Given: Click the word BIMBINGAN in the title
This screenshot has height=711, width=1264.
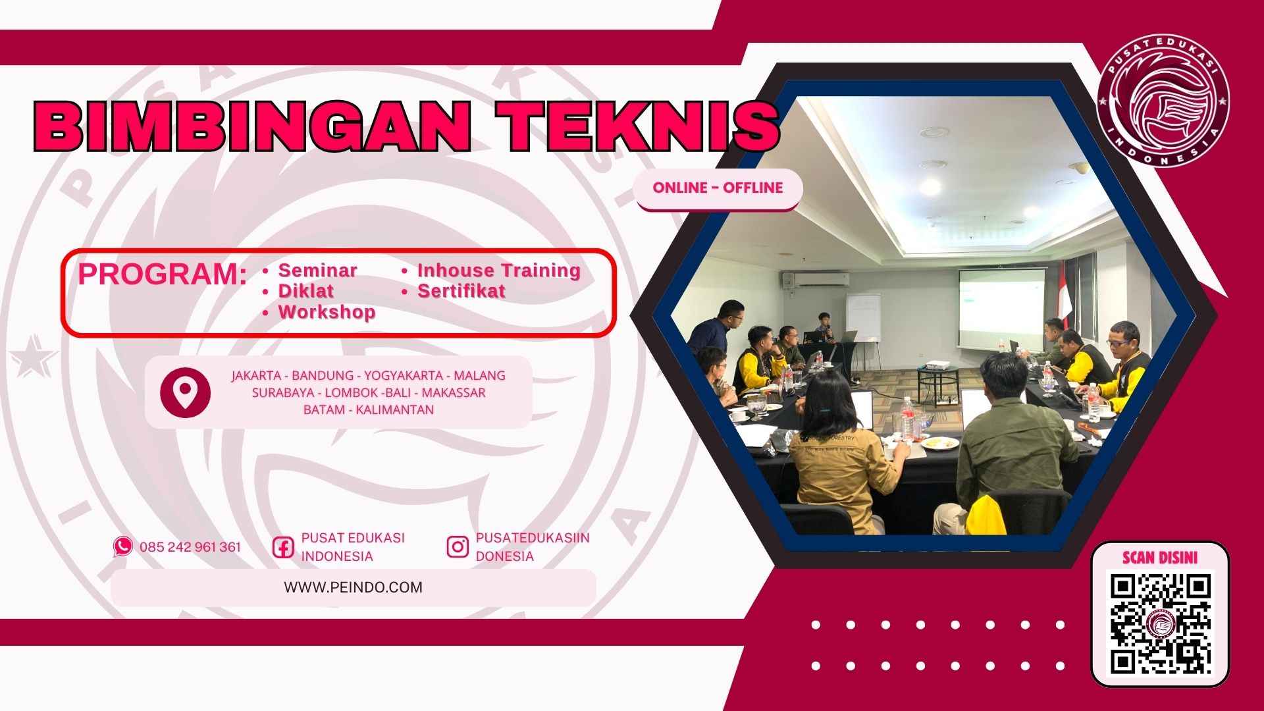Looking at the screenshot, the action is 252,126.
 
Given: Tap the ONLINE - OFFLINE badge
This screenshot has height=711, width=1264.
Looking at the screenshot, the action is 718,188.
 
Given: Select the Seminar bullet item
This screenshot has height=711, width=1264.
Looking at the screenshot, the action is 317,271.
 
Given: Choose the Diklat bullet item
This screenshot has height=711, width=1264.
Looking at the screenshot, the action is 305,291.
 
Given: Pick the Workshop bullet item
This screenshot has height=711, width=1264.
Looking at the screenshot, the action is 327,312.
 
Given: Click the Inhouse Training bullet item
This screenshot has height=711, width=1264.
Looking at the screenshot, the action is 498,271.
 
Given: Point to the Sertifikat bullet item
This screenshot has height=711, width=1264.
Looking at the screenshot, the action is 461,291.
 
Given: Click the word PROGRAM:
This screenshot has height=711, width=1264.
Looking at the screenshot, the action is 162,275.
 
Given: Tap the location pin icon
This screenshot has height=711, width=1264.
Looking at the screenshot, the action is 186,392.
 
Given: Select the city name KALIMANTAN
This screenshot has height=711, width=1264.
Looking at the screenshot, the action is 395,410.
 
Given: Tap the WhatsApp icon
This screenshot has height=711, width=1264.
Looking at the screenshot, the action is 122,546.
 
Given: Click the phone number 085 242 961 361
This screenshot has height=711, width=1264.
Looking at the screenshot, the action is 190,547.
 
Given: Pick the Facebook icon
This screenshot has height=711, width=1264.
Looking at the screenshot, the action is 283,547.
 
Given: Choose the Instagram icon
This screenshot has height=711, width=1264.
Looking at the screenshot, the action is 458,547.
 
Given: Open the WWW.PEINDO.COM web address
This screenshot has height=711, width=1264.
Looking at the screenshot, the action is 354,587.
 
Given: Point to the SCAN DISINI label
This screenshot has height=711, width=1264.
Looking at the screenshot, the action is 1160,558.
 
